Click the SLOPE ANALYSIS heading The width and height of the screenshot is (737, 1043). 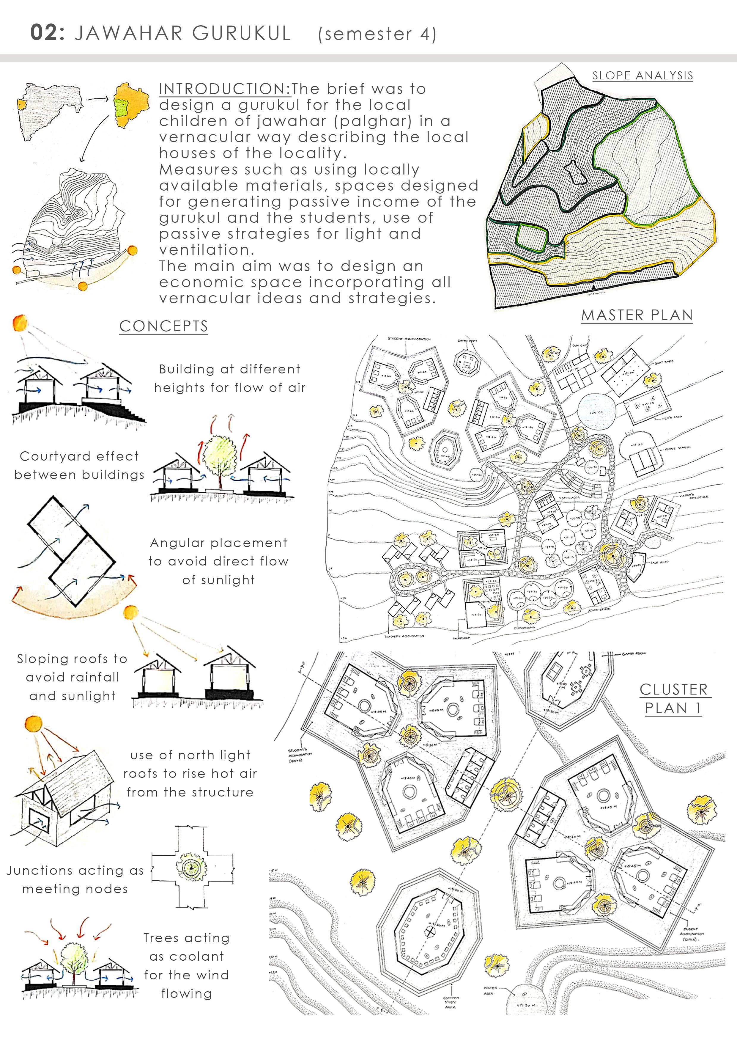(x=642, y=76)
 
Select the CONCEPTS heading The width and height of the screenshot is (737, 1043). (x=163, y=326)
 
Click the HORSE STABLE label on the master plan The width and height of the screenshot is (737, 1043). (x=677, y=447)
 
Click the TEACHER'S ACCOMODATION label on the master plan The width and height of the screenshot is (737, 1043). (x=404, y=636)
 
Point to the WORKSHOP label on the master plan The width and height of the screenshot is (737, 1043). (x=461, y=638)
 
